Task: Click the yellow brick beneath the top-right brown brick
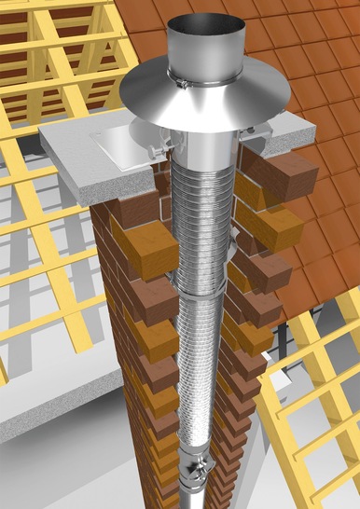[x=270, y=224]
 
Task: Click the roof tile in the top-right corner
[x=340, y=19]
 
